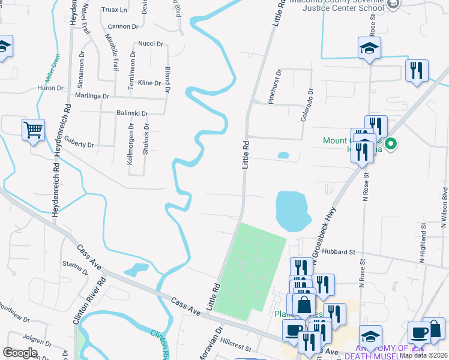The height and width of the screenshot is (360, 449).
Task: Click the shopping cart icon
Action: point(34,129)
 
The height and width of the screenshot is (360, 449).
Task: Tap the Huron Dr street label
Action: point(50,88)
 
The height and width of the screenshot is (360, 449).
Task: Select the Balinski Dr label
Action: point(132,113)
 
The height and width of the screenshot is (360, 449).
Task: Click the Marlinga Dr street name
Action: point(92,96)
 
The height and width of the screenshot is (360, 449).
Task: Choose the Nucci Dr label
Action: point(151,44)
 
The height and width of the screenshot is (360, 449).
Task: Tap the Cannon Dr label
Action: point(122,27)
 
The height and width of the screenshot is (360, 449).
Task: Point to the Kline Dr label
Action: point(149,82)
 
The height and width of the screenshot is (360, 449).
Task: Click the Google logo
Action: point(20,353)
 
